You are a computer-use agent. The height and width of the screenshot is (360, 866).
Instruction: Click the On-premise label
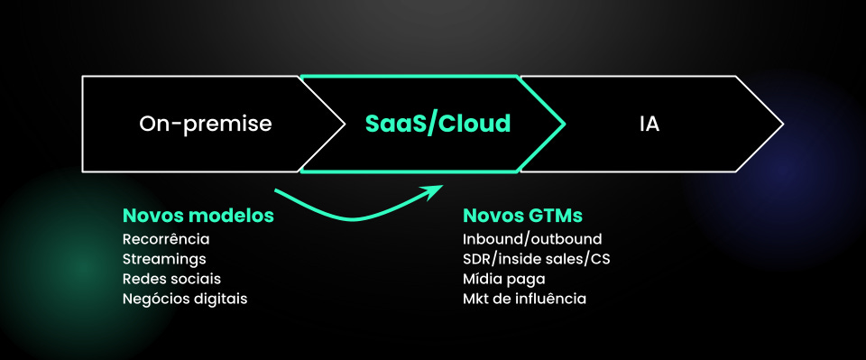[x=206, y=124]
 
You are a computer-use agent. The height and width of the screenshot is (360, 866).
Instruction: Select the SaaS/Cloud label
[x=438, y=124]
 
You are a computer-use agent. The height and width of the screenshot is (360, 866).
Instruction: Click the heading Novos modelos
[x=198, y=217]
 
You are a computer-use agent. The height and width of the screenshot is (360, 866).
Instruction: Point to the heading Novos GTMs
[x=522, y=217]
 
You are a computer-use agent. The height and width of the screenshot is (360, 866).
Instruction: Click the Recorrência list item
[x=166, y=239]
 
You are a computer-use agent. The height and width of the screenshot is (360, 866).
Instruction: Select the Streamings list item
[x=163, y=259]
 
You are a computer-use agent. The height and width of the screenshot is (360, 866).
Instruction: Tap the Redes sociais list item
[x=171, y=279]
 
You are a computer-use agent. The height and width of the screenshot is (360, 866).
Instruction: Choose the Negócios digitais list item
[x=184, y=299]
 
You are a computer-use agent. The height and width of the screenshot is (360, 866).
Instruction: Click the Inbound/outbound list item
[x=532, y=239]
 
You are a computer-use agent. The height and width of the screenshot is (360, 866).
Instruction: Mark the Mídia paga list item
[x=504, y=279]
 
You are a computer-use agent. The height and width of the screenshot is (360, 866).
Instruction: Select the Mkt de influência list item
[x=524, y=299]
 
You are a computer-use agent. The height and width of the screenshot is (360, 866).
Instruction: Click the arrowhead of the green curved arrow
[x=437, y=189]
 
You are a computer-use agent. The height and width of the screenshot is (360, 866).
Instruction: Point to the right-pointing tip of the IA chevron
[x=780, y=124]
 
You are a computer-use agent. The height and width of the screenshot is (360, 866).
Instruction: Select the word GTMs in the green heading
[x=555, y=217]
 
